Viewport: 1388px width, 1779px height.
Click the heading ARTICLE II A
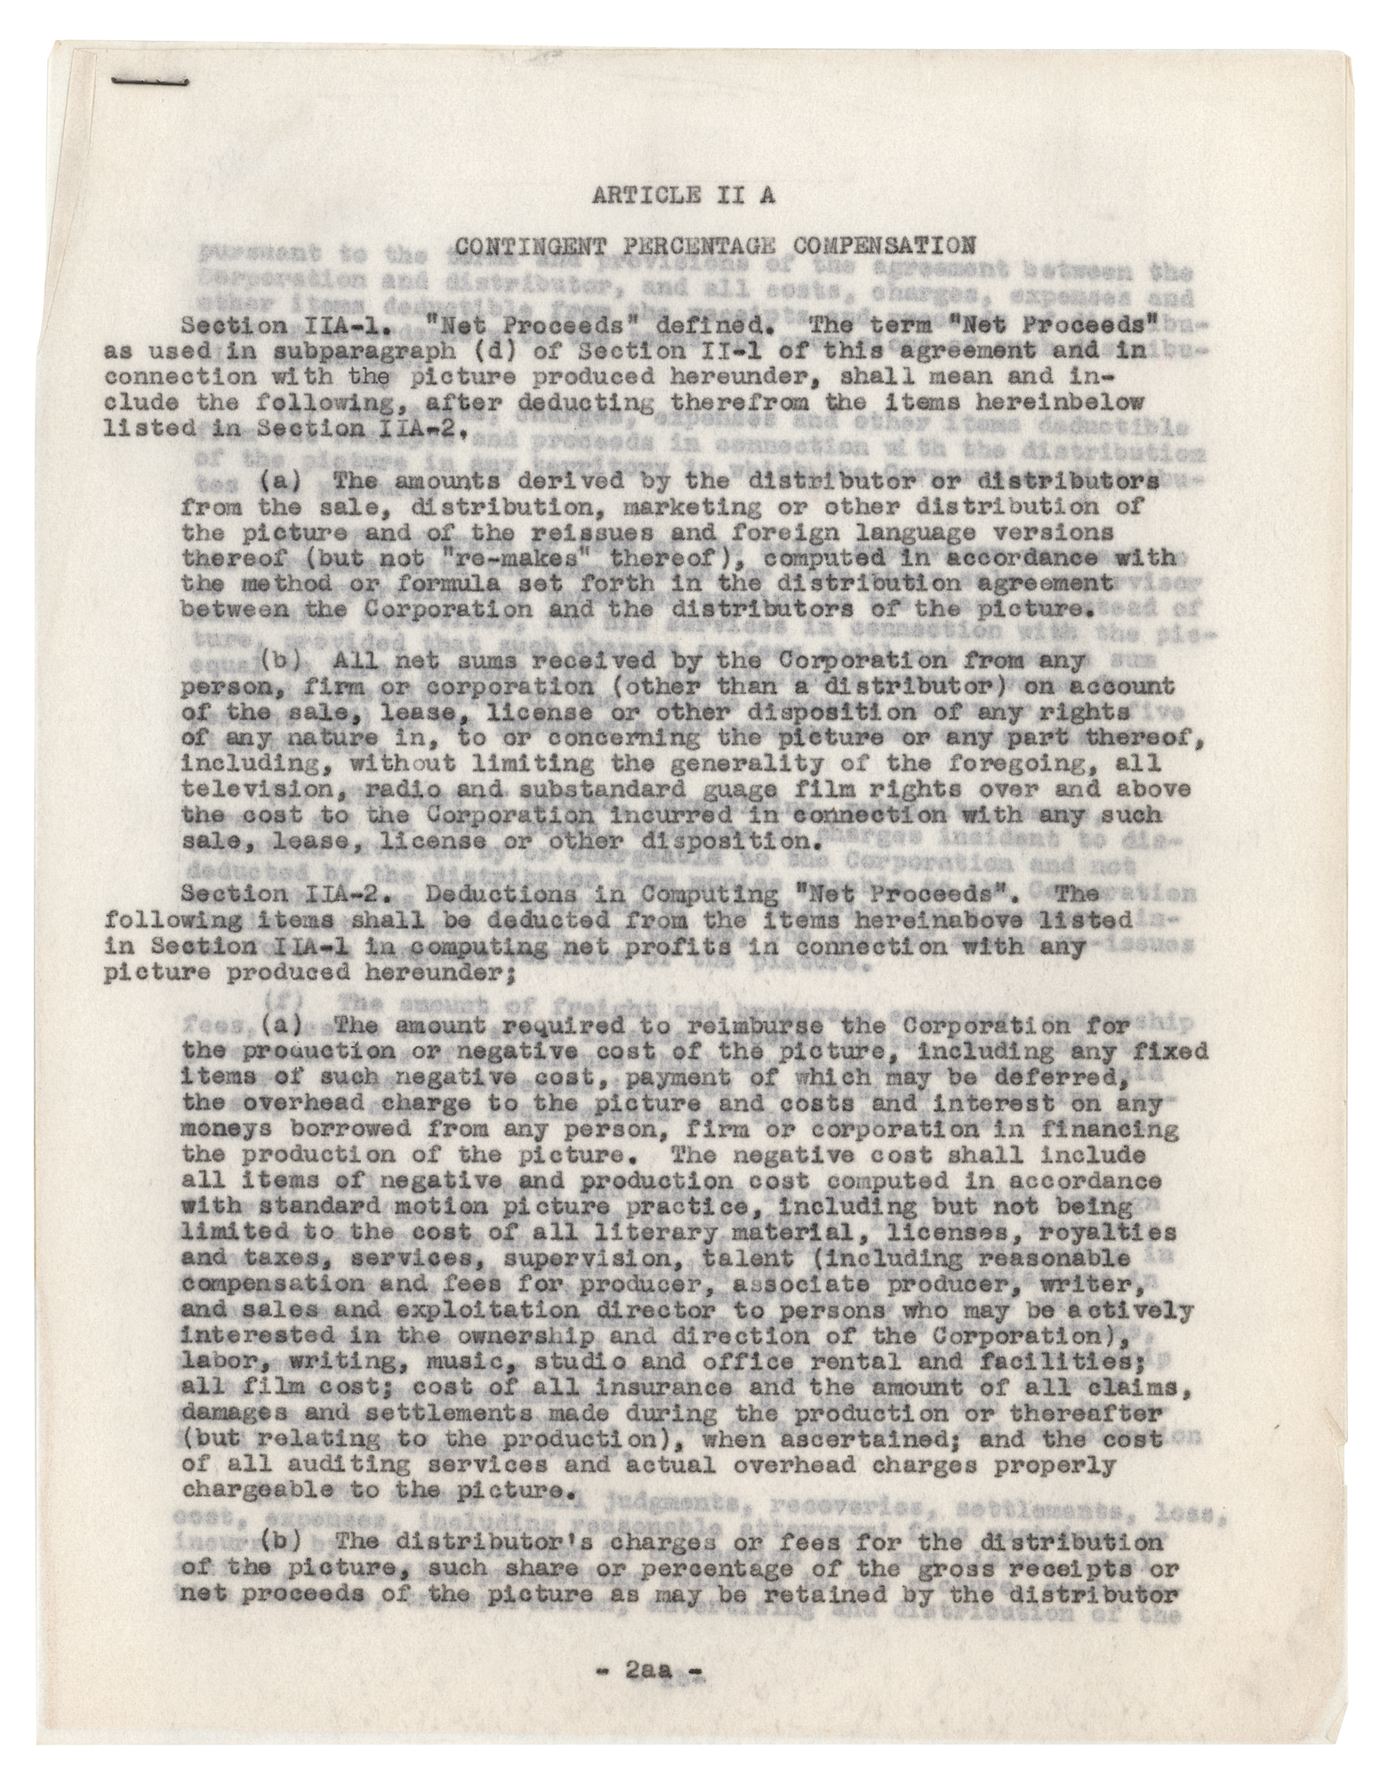[682, 196]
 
